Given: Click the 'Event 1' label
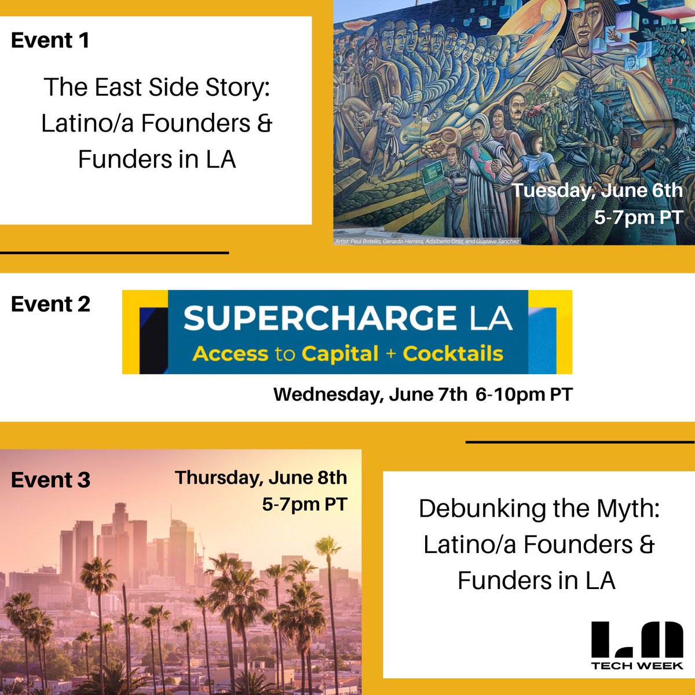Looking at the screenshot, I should point(50,41).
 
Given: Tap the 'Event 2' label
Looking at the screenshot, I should point(50,304).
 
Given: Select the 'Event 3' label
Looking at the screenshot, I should point(50,480).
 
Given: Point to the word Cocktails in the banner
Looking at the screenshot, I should point(453,354).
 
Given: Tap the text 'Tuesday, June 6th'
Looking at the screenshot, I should point(597,191).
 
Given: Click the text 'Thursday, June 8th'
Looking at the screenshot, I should point(261,478).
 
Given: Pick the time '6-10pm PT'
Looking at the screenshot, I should point(524,395).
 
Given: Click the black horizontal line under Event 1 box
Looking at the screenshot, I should point(114,253).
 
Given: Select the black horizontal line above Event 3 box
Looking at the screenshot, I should point(580,442).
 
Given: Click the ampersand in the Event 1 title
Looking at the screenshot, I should point(264,123).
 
